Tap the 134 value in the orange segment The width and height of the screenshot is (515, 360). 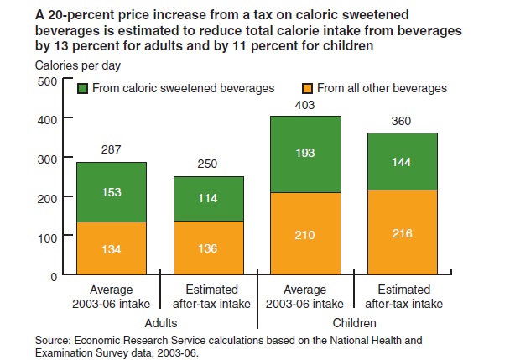coord(112,249)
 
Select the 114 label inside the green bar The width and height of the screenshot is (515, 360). coord(209,198)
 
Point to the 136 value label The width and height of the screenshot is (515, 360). coord(209,248)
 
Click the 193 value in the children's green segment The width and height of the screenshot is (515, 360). coord(306,154)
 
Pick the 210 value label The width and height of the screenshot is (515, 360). coord(306,234)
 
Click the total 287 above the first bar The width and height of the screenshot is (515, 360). coord(112,150)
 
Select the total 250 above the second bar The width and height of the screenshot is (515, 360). coord(209,164)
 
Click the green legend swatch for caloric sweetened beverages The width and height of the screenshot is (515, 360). coord(83,88)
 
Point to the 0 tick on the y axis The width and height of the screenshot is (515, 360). coord(52,275)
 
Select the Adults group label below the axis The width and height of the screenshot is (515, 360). coord(160,322)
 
